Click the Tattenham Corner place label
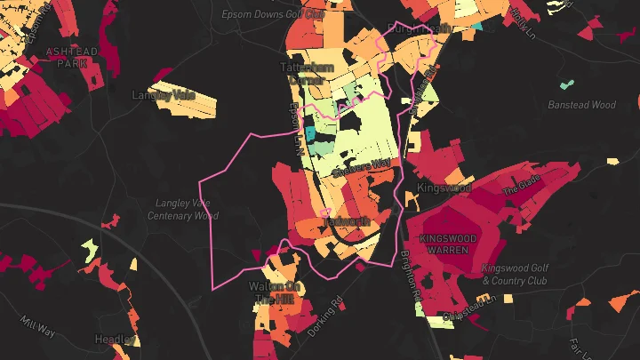308,73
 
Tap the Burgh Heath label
413,28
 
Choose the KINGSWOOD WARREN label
449,244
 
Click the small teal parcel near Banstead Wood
566,86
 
